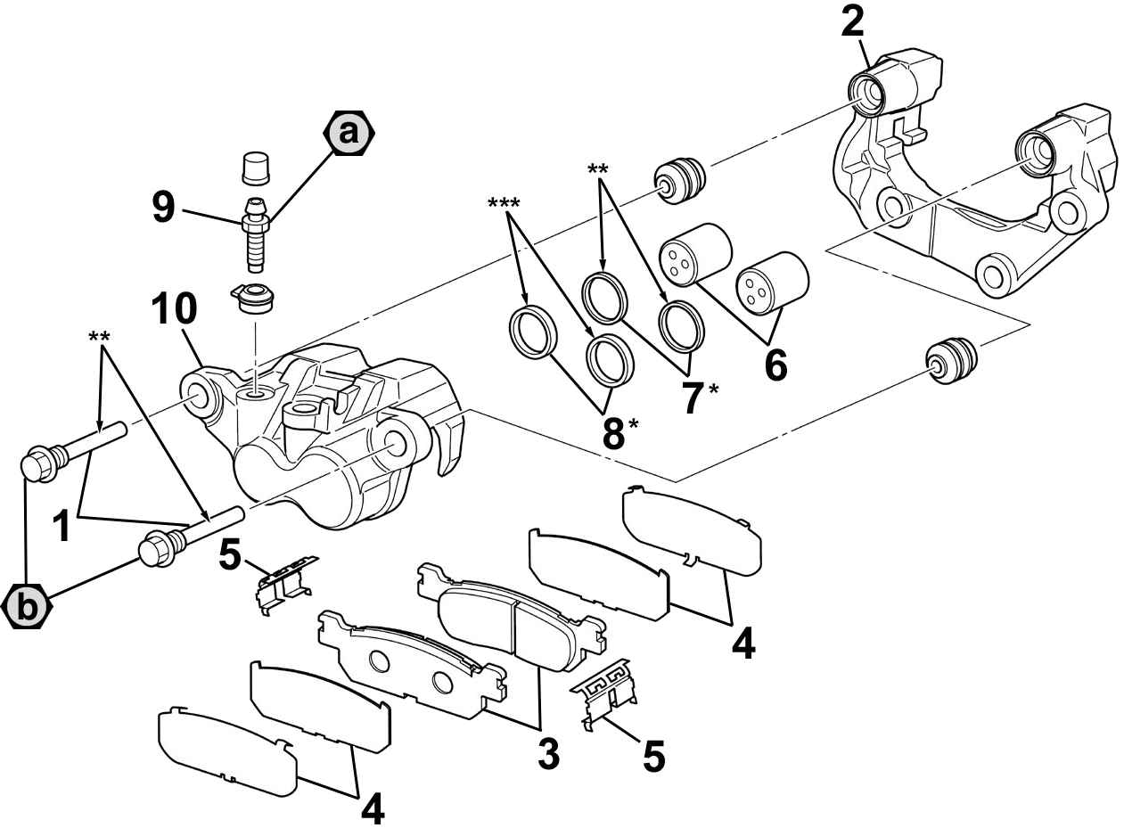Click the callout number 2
[854, 21]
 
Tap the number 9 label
[163, 209]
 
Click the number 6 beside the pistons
[775, 365]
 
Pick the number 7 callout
[693, 398]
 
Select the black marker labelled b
[27, 607]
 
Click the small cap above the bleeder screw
[256, 167]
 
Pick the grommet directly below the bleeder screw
[255, 296]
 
